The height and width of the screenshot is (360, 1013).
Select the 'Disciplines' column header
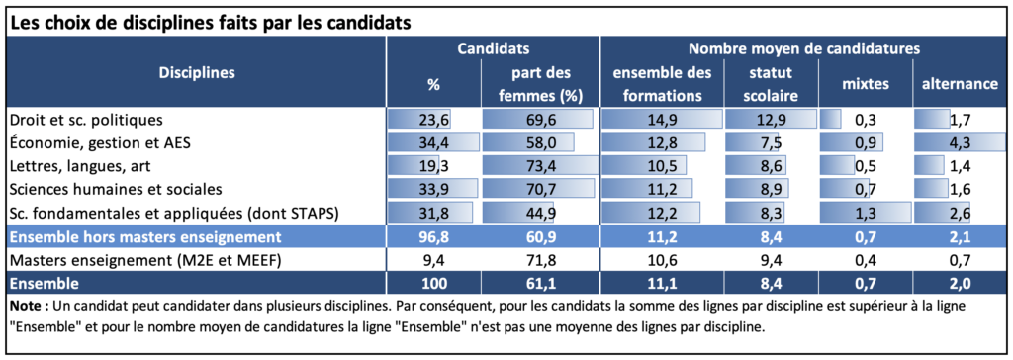pos(197,72)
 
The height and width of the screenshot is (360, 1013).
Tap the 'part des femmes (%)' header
pos(541,85)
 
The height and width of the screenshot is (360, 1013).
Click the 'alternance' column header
pos(959,84)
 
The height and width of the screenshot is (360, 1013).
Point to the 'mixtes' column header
pos(865,84)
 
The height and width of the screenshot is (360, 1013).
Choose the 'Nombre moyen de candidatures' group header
pos(804,48)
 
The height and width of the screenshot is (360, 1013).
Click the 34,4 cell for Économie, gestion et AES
pos(433,142)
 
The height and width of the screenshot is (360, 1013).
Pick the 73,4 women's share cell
pos(541,166)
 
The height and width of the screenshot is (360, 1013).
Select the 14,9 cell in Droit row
pos(662,120)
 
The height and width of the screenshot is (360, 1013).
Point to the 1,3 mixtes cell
pos(865,213)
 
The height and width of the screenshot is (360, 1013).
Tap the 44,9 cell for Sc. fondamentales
pos(541,213)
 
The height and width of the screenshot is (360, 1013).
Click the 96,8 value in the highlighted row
pos(433,236)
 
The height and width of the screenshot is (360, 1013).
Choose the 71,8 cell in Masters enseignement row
pos(541,260)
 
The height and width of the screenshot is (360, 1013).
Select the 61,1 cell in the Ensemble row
pos(541,283)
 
